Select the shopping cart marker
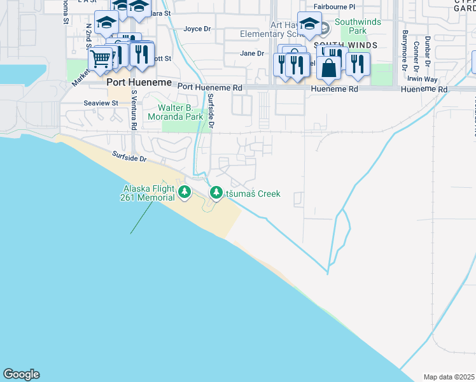click(x=100, y=59)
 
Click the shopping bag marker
click(x=328, y=67)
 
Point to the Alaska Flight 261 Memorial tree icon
click(x=185, y=192)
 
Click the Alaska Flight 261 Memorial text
click(x=147, y=193)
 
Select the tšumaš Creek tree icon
click(x=216, y=192)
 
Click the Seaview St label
click(x=101, y=103)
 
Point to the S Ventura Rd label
click(x=134, y=109)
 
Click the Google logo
click(x=21, y=374)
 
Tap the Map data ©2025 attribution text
click(x=449, y=377)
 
